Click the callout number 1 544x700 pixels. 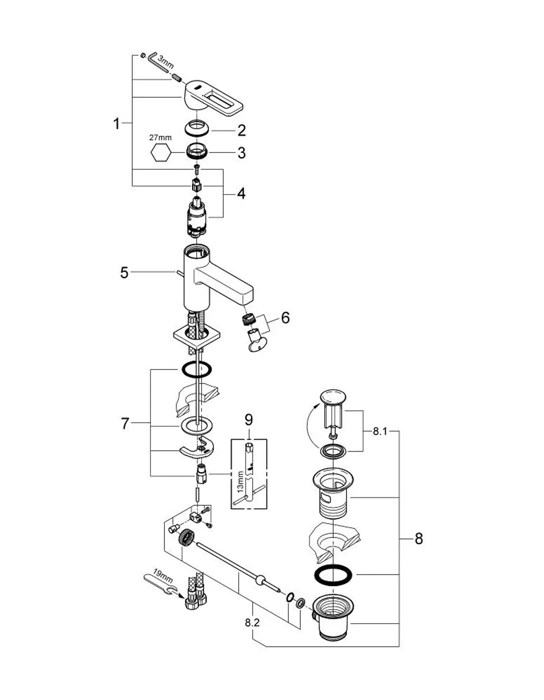tap(116, 123)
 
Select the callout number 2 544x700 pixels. tap(241, 130)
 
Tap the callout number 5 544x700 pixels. tap(125, 273)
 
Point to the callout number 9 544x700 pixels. tap(249, 420)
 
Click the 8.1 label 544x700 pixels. tap(380, 431)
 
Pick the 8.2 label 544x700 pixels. tap(252, 623)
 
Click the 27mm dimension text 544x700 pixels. tap(160, 138)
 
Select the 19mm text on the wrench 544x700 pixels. tap(163, 574)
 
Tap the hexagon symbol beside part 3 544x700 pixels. tap(161, 152)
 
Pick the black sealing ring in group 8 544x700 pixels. tap(332, 584)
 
